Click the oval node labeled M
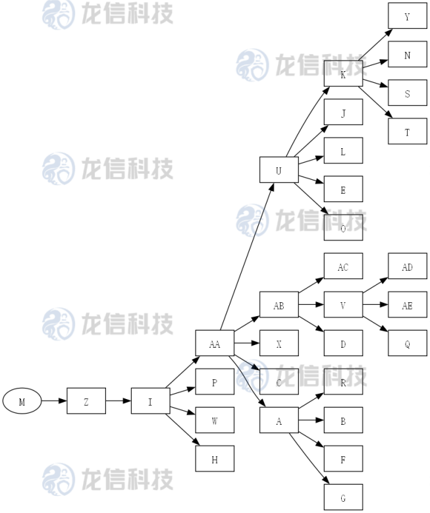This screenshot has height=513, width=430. (22, 401)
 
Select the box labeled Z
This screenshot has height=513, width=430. (86, 401)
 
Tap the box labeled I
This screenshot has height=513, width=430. (150, 401)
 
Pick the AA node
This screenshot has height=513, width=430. (215, 343)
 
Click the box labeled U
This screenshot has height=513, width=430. (279, 170)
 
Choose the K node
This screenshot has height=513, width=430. (343, 74)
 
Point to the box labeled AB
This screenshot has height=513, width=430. (279, 305)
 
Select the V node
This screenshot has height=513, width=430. (343, 305)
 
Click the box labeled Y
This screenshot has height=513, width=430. (407, 16)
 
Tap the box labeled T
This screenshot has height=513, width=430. (407, 131)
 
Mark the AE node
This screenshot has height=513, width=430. (407, 305)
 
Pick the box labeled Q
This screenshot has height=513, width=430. (407, 343)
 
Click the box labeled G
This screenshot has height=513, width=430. (343, 497)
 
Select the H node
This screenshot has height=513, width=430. (215, 459)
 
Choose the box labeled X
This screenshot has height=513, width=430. (279, 343)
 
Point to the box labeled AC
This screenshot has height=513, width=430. (343, 267)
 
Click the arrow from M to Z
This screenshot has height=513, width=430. (54, 401)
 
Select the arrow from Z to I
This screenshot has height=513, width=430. (119, 401)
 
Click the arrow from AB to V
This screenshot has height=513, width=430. (311, 305)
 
